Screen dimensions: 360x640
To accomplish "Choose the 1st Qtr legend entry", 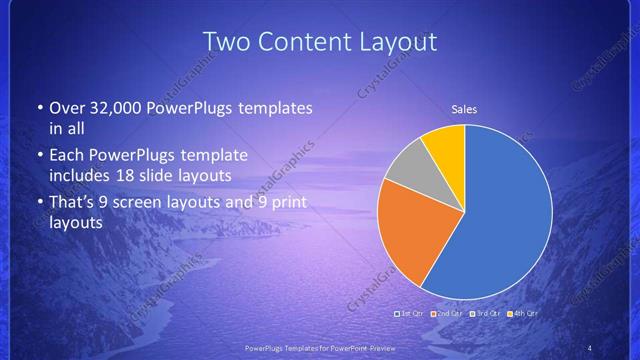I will pos(410,313).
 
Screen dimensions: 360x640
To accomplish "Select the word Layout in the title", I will pos(396,41).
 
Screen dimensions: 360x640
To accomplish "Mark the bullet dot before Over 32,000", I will pos(39,108).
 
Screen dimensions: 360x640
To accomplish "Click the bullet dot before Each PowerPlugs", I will pos(39,156).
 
